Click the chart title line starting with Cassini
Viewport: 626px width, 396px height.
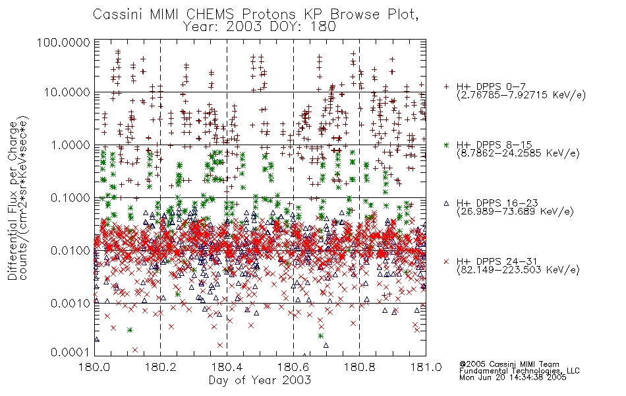256,15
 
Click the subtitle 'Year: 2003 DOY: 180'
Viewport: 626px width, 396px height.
259,27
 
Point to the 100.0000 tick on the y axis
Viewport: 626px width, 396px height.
63,42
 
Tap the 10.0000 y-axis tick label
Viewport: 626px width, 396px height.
67,92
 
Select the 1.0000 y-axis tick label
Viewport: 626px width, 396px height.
70,145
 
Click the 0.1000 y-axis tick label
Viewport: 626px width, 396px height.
70,197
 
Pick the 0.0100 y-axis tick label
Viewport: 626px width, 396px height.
70,250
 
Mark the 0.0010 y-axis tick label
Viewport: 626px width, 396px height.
70,303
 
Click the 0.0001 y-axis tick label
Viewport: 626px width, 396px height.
70,352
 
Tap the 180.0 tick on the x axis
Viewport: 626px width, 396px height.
95,367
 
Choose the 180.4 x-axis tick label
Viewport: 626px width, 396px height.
227,367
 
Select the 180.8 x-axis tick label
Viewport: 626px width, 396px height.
359,367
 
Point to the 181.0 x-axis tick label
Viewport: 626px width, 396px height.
426,367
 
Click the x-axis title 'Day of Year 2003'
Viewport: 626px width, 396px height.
260,380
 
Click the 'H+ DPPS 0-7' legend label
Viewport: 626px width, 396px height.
491,86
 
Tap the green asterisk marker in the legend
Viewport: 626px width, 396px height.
446,145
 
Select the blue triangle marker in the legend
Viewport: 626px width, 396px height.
446,203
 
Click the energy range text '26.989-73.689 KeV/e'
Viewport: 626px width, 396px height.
515,212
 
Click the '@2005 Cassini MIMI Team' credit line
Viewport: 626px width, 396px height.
509,364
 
